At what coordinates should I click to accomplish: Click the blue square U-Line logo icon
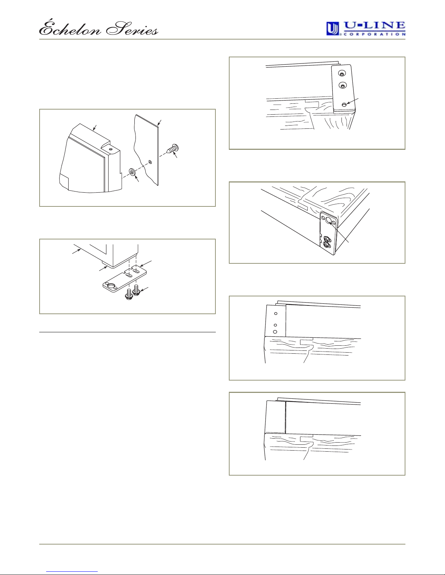[x=333, y=29]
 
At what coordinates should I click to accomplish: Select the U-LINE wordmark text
[x=374, y=26]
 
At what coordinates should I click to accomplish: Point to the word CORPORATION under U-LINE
[x=374, y=34]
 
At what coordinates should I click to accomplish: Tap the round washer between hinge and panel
[x=132, y=172]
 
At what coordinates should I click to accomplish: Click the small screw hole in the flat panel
[x=150, y=162]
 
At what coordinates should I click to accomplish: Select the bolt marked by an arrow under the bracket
[x=137, y=290]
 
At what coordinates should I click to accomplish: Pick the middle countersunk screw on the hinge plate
[x=343, y=86]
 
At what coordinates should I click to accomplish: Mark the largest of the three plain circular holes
[x=275, y=332]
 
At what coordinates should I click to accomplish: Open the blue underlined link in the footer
[x=72, y=572]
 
